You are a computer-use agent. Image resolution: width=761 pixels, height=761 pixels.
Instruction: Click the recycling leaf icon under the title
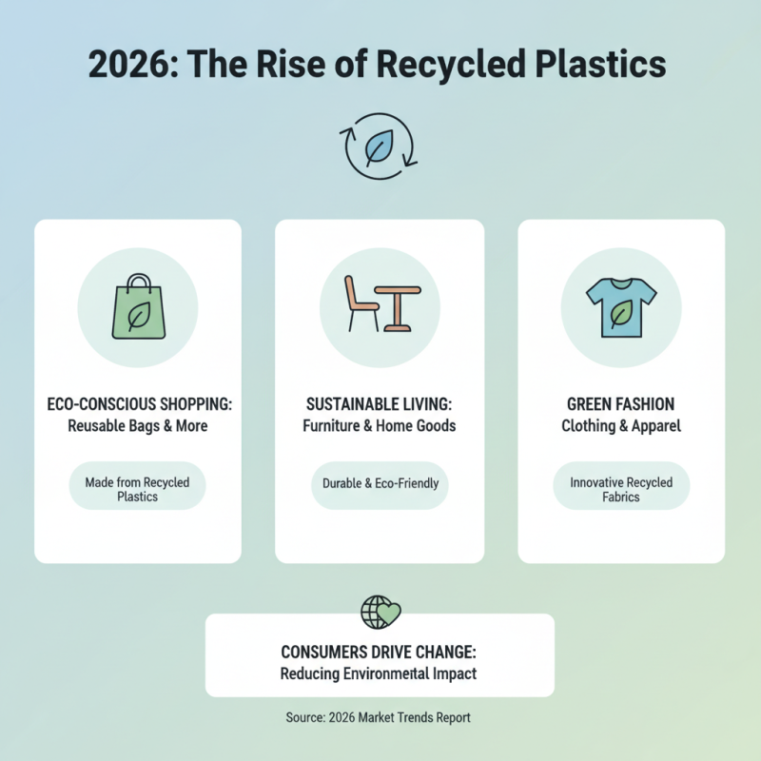(x=380, y=147)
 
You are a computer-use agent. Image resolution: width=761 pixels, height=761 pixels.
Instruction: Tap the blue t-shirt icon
(x=620, y=306)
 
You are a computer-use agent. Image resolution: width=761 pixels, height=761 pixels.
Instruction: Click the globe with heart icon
(x=380, y=612)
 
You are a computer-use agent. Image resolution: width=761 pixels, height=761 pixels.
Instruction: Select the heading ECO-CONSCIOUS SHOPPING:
(x=138, y=404)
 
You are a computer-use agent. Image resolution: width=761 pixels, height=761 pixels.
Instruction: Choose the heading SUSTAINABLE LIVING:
(x=380, y=404)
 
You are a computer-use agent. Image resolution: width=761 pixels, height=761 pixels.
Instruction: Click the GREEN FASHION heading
(x=621, y=404)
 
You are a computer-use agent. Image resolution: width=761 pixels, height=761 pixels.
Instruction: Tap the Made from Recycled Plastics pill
(x=138, y=489)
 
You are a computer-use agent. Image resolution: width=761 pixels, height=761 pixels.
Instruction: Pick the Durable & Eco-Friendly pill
(x=380, y=483)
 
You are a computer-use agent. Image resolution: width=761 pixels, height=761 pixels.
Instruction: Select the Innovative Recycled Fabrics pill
(x=621, y=489)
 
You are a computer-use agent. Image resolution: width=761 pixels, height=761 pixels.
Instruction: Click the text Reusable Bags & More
(x=138, y=426)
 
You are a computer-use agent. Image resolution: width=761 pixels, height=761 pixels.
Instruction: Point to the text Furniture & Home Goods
(x=380, y=426)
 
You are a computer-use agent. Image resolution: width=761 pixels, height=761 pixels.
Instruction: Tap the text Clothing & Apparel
(x=621, y=426)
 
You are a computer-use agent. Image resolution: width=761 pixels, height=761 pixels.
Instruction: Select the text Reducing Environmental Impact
(x=379, y=673)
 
